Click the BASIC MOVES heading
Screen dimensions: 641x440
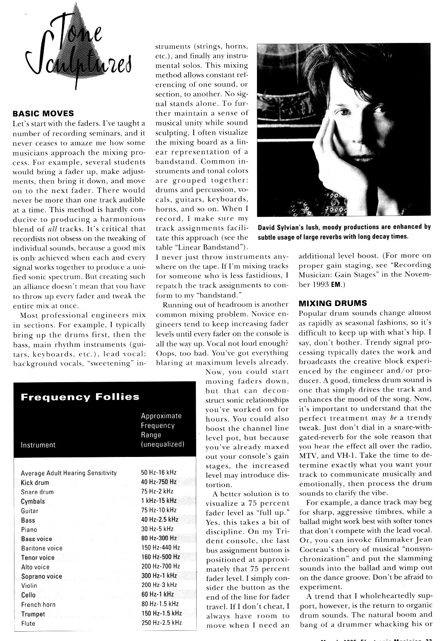[x=43, y=113]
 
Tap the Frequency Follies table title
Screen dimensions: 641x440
[x=80, y=397]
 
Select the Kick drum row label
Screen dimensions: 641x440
[x=35, y=482]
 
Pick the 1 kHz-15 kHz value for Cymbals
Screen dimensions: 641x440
[x=159, y=501]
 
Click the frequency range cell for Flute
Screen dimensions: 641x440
[x=161, y=623]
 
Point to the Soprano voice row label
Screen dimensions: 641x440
[x=42, y=576]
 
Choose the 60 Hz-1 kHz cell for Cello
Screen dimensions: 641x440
[x=157, y=594]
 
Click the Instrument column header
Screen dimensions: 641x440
[x=38, y=445]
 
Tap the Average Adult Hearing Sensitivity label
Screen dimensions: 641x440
[x=68, y=473]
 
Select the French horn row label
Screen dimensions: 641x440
[x=38, y=604]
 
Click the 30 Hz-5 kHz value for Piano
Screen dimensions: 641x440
[x=157, y=529]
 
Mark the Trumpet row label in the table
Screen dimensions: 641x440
[x=33, y=614]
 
